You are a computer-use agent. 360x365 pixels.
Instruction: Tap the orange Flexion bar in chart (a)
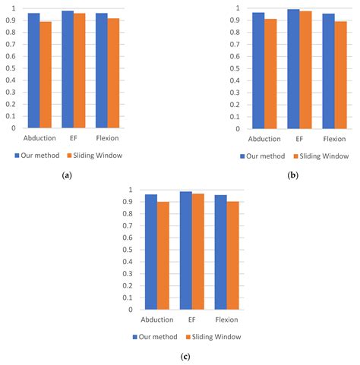113,73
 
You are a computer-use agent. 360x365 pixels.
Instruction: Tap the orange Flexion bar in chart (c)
232,255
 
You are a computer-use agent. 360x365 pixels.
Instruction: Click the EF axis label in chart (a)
74,139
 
